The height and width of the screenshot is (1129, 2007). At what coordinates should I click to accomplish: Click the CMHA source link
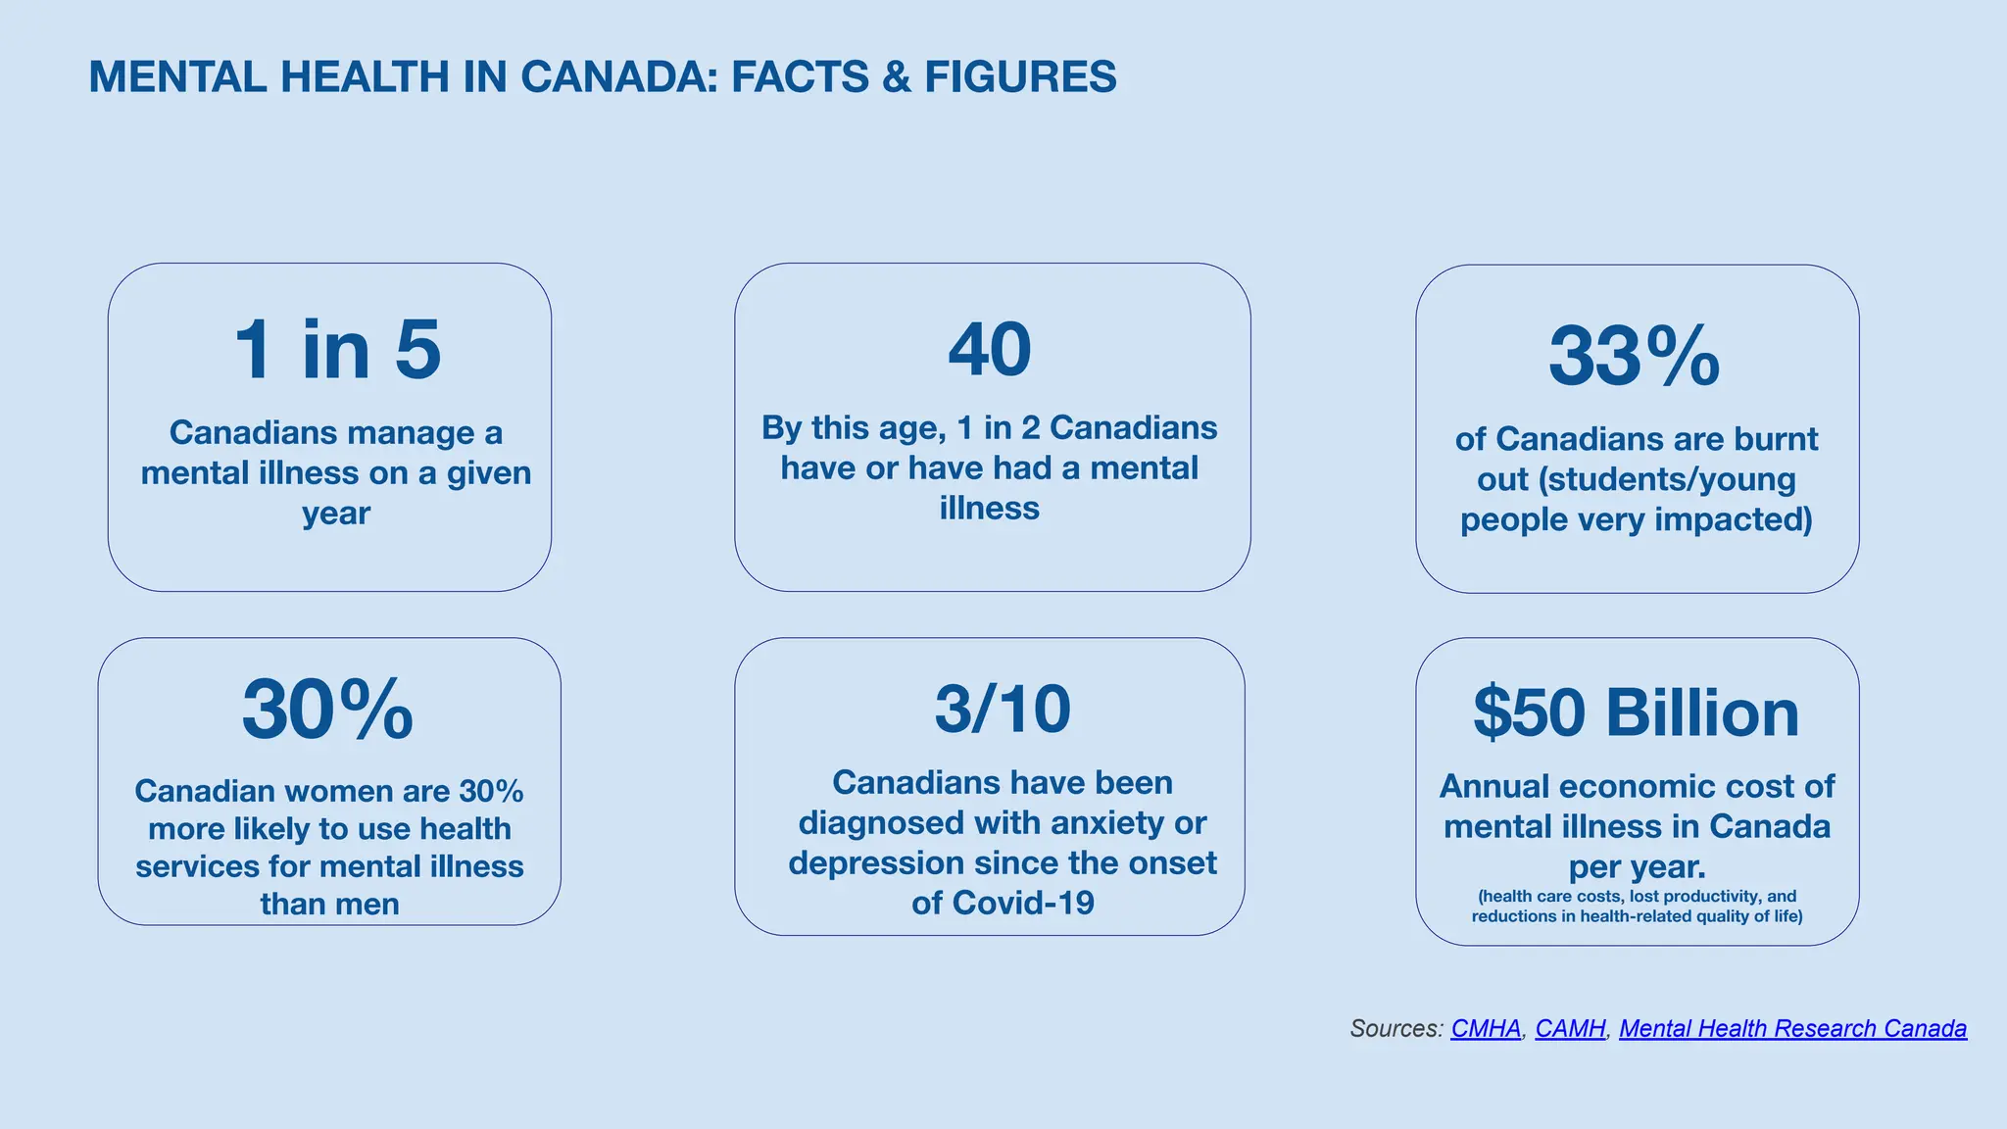(x=1486, y=1028)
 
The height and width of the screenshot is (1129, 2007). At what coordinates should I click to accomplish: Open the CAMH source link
(x=1570, y=1028)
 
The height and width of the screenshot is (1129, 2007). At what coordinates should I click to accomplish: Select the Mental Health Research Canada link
(x=1792, y=1028)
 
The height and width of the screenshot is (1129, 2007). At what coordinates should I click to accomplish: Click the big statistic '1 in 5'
(x=337, y=350)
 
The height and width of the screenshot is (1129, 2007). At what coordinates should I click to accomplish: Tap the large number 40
(x=990, y=349)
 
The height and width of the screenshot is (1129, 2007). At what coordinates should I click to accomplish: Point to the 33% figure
(x=1634, y=357)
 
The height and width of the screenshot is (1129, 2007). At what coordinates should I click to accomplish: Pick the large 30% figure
(x=327, y=710)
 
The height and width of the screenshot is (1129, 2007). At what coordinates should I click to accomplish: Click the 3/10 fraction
(x=1003, y=709)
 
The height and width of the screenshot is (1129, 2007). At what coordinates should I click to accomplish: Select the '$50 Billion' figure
(x=1636, y=712)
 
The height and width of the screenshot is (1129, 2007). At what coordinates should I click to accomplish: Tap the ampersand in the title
(x=896, y=77)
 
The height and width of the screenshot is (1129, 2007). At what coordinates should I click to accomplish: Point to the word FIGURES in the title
(x=1020, y=77)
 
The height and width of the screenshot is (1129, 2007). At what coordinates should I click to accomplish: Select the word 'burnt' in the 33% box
(x=1777, y=439)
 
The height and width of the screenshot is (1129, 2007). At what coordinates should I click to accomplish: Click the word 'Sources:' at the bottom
(x=1396, y=1028)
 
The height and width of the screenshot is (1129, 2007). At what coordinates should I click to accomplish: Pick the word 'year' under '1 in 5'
(x=336, y=514)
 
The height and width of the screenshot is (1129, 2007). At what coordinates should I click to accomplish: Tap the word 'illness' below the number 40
(x=989, y=509)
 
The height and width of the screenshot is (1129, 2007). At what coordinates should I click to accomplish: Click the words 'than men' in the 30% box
(x=329, y=904)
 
